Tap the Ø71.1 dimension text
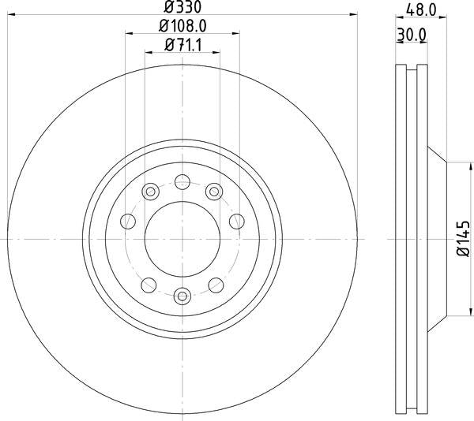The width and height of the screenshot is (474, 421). (182, 46)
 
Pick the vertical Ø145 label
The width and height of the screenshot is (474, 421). (464, 239)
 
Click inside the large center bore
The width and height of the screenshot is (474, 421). (182, 239)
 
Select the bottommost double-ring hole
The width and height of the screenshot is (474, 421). (182, 296)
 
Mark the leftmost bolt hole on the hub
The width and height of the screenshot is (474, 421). (126, 222)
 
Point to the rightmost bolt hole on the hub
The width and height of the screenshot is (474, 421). (237, 222)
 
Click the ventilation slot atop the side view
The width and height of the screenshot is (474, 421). (409, 71)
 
